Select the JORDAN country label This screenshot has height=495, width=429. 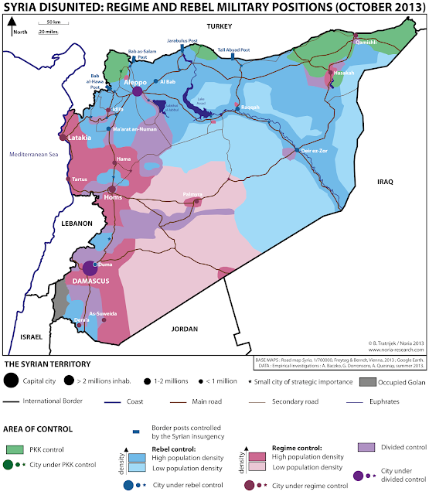tap(185, 329)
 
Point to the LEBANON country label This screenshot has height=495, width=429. tap(77, 223)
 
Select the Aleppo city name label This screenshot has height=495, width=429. tap(136, 80)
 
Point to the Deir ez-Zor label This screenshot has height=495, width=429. tap(313, 151)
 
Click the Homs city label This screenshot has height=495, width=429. tap(114, 197)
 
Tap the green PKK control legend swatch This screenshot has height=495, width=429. tap(15, 449)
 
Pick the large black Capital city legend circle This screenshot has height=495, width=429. tap(11, 380)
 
